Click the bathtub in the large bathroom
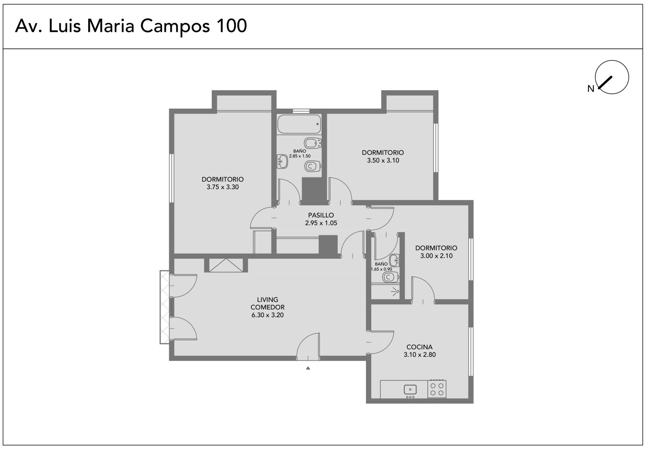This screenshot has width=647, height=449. pyautogui.click(x=299, y=124)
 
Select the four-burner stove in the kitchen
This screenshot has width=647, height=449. pyautogui.click(x=437, y=389)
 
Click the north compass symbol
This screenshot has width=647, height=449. pyautogui.click(x=612, y=77)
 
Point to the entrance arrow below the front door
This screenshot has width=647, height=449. pyautogui.click(x=308, y=368)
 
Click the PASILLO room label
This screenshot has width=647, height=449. pyautogui.click(x=321, y=215)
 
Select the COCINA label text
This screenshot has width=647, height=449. pyautogui.click(x=419, y=347)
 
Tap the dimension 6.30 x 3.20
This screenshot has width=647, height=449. pyautogui.click(x=267, y=315)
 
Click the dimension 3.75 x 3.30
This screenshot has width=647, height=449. pyautogui.click(x=223, y=187)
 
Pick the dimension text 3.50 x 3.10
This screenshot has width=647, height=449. pyautogui.click(x=383, y=160)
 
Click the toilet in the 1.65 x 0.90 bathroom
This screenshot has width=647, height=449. pyautogui.click(x=391, y=277)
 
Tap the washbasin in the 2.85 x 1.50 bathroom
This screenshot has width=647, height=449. pyautogui.click(x=282, y=161)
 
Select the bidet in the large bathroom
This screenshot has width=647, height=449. pyautogui.click(x=313, y=143)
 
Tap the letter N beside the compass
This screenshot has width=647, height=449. pyautogui.click(x=591, y=89)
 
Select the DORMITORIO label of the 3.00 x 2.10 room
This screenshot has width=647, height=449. pyautogui.click(x=436, y=248)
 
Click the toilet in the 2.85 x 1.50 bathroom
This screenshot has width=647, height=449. pyautogui.click(x=313, y=166)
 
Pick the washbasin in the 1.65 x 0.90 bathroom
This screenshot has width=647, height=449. pyautogui.click(x=394, y=260)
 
